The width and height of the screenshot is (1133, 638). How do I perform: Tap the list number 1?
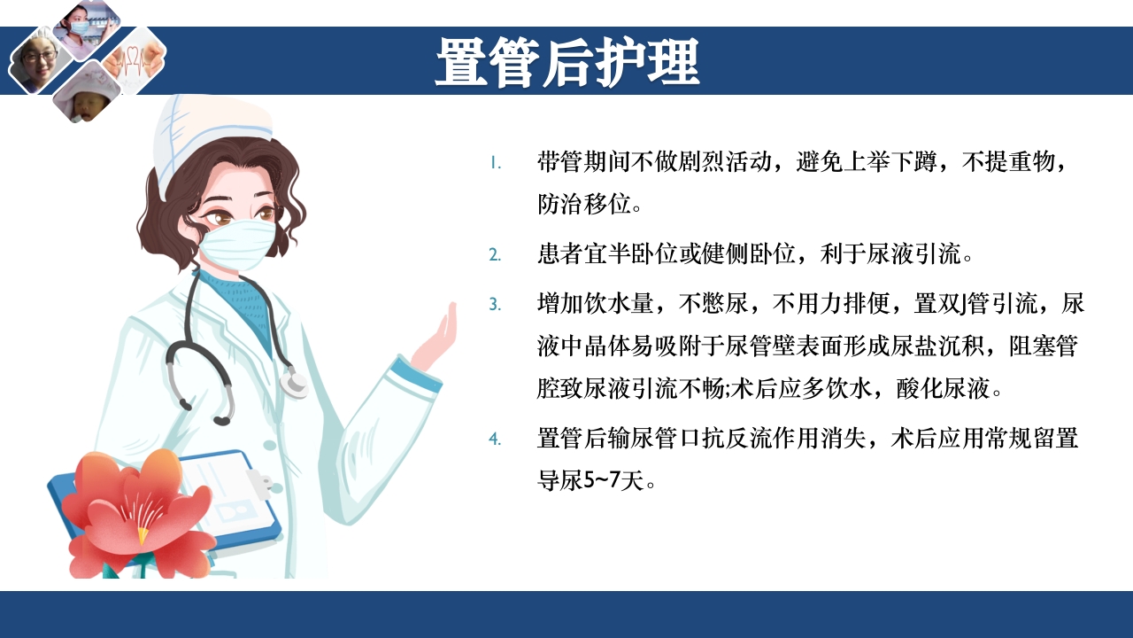point(497,163)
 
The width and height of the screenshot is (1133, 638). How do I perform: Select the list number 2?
point(495,255)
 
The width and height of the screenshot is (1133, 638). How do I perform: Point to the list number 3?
point(495,304)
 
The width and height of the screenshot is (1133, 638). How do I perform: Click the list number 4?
point(495,438)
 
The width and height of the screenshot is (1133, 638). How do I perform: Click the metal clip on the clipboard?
point(258,482)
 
